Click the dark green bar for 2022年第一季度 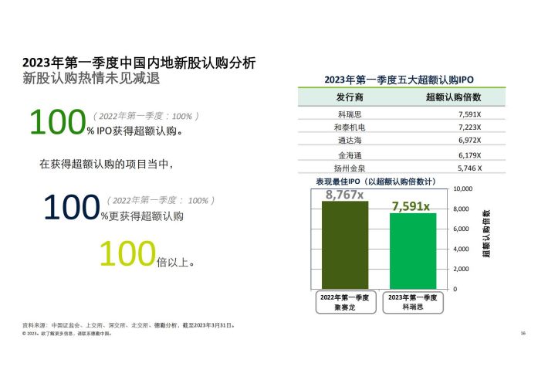coord(345,245)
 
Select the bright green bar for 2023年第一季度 coord(413,251)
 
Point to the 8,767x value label coord(344,195)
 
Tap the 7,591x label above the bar coord(411,206)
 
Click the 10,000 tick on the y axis coord(463,189)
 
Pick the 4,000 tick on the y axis coord(462,250)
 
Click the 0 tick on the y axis coord(455,289)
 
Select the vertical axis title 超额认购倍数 coord(486,234)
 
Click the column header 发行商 coord(350,97)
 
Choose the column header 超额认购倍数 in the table coord(453,97)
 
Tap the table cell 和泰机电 coord(350,127)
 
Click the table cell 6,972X coord(470,141)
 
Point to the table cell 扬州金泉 coord(350,168)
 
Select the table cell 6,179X coord(470,155)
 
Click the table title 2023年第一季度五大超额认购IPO coord(399,80)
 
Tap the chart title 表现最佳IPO coord(338,182)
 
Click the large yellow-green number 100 coord(127,253)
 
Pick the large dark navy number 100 coord(72,207)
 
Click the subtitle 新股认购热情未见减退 coord(91,78)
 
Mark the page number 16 coord(523,333)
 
